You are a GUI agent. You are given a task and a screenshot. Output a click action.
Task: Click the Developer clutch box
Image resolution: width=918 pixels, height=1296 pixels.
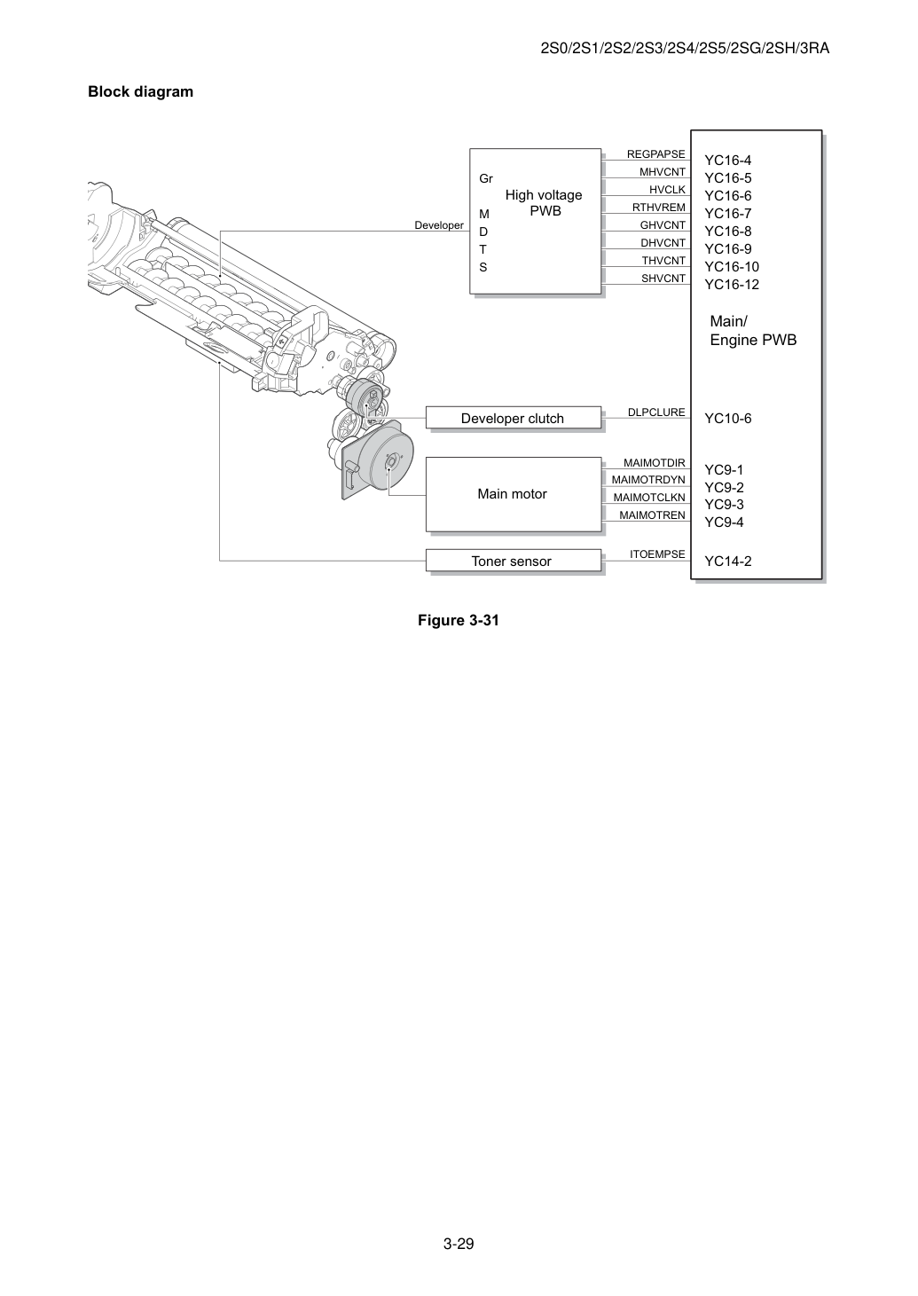click(x=513, y=418)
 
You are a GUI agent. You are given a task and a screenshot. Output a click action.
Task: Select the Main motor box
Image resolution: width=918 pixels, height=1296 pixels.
click(x=513, y=494)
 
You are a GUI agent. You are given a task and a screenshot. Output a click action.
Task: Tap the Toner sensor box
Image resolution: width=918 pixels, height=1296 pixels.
click(x=513, y=561)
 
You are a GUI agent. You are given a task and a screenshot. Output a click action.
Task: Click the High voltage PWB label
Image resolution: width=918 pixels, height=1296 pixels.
click(x=544, y=203)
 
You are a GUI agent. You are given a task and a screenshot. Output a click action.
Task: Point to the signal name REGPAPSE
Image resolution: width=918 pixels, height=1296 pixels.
click(x=656, y=153)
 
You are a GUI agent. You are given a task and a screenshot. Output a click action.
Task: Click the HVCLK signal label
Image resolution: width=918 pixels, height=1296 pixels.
click(x=667, y=189)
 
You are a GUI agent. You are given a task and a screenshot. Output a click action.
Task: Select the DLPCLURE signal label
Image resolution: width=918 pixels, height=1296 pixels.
click(x=656, y=412)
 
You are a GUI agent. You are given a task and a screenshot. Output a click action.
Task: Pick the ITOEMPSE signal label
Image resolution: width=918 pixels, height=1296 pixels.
click(x=658, y=554)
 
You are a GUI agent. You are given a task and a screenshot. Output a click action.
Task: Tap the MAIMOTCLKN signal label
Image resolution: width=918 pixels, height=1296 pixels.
click(x=649, y=497)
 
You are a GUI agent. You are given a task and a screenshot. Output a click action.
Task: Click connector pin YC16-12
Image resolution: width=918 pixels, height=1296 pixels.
click(x=732, y=284)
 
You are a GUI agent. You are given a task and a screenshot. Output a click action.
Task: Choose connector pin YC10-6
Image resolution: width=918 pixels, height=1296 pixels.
click(x=727, y=419)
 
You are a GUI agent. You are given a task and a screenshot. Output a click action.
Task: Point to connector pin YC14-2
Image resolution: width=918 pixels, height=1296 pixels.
click(x=727, y=561)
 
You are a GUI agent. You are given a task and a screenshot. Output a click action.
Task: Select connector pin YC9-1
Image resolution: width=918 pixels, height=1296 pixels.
click(x=724, y=469)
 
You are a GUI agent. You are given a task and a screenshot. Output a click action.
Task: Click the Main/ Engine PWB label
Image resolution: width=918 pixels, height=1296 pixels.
click(x=753, y=330)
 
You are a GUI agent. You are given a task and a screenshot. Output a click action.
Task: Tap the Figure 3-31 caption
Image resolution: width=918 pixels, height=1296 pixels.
click(x=459, y=620)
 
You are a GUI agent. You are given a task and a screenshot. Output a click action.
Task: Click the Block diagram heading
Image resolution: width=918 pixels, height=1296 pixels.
click(x=140, y=91)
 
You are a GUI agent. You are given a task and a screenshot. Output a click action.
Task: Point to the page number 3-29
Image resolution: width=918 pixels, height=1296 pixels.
click(x=459, y=1244)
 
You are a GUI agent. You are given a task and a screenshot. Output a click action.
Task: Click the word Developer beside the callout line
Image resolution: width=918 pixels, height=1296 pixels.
click(x=439, y=225)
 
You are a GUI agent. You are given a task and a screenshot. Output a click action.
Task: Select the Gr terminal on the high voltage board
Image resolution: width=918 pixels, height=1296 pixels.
click(x=486, y=178)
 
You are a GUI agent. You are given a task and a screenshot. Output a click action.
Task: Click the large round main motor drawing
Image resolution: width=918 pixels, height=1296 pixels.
click(x=380, y=459)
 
